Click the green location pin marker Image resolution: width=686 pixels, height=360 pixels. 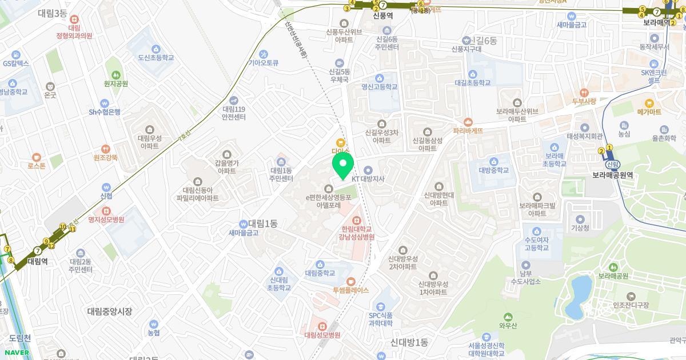343,165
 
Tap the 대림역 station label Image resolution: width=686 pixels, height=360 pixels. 38,261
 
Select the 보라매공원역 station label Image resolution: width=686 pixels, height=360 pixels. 612,176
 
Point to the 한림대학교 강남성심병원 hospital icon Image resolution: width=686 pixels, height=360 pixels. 356,219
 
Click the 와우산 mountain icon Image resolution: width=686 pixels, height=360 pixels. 508,317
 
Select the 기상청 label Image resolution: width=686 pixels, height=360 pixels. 580,227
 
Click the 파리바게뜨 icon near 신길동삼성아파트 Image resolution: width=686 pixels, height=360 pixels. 468,121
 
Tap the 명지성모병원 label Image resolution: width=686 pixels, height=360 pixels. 106,219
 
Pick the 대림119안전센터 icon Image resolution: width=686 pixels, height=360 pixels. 233,99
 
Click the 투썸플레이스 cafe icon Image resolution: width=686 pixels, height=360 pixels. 350,281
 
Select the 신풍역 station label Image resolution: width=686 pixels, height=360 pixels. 382,16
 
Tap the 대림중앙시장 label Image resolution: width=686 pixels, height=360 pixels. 110,311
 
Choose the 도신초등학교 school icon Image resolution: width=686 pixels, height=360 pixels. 155,49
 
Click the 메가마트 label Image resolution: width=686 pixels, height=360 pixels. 649,112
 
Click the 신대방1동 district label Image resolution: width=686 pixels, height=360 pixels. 409,342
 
